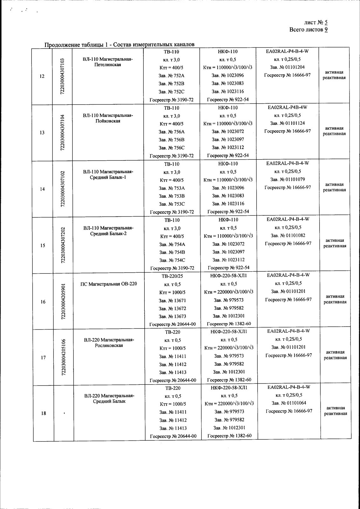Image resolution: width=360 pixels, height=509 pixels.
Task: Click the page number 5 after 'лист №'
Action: click(x=326, y=23)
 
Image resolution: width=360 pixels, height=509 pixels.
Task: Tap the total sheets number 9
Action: click(x=326, y=30)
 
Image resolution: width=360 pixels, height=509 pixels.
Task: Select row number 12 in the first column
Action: click(x=42, y=76)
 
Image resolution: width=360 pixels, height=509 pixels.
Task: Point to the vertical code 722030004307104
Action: click(x=62, y=132)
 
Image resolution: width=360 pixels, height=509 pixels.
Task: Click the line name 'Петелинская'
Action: click(x=108, y=65)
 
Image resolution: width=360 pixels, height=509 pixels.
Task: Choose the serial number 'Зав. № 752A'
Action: click(x=171, y=76)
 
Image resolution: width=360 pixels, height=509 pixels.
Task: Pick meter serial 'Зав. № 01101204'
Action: click(x=287, y=67)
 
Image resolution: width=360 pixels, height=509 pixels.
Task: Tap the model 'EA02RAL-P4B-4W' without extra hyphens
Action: click(x=287, y=107)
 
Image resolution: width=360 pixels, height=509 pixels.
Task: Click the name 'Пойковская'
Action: click(x=108, y=121)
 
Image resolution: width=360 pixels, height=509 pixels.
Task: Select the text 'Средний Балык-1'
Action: click(x=108, y=177)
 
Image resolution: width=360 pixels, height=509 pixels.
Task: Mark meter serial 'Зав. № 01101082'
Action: click(x=288, y=236)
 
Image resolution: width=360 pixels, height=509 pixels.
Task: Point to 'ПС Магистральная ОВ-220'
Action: click(x=109, y=284)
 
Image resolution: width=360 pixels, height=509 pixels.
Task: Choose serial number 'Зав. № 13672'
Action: click(x=172, y=309)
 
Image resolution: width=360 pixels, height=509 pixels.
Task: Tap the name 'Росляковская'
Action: click(x=109, y=345)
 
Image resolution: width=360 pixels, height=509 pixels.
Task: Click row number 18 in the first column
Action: click(x=44, y=413)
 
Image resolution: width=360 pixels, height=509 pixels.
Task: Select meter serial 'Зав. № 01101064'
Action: click(x=289, y=403)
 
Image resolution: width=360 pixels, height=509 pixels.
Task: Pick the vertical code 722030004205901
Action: click(x=63, y=302)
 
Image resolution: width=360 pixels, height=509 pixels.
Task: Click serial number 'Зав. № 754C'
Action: click(x=172, y=260)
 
